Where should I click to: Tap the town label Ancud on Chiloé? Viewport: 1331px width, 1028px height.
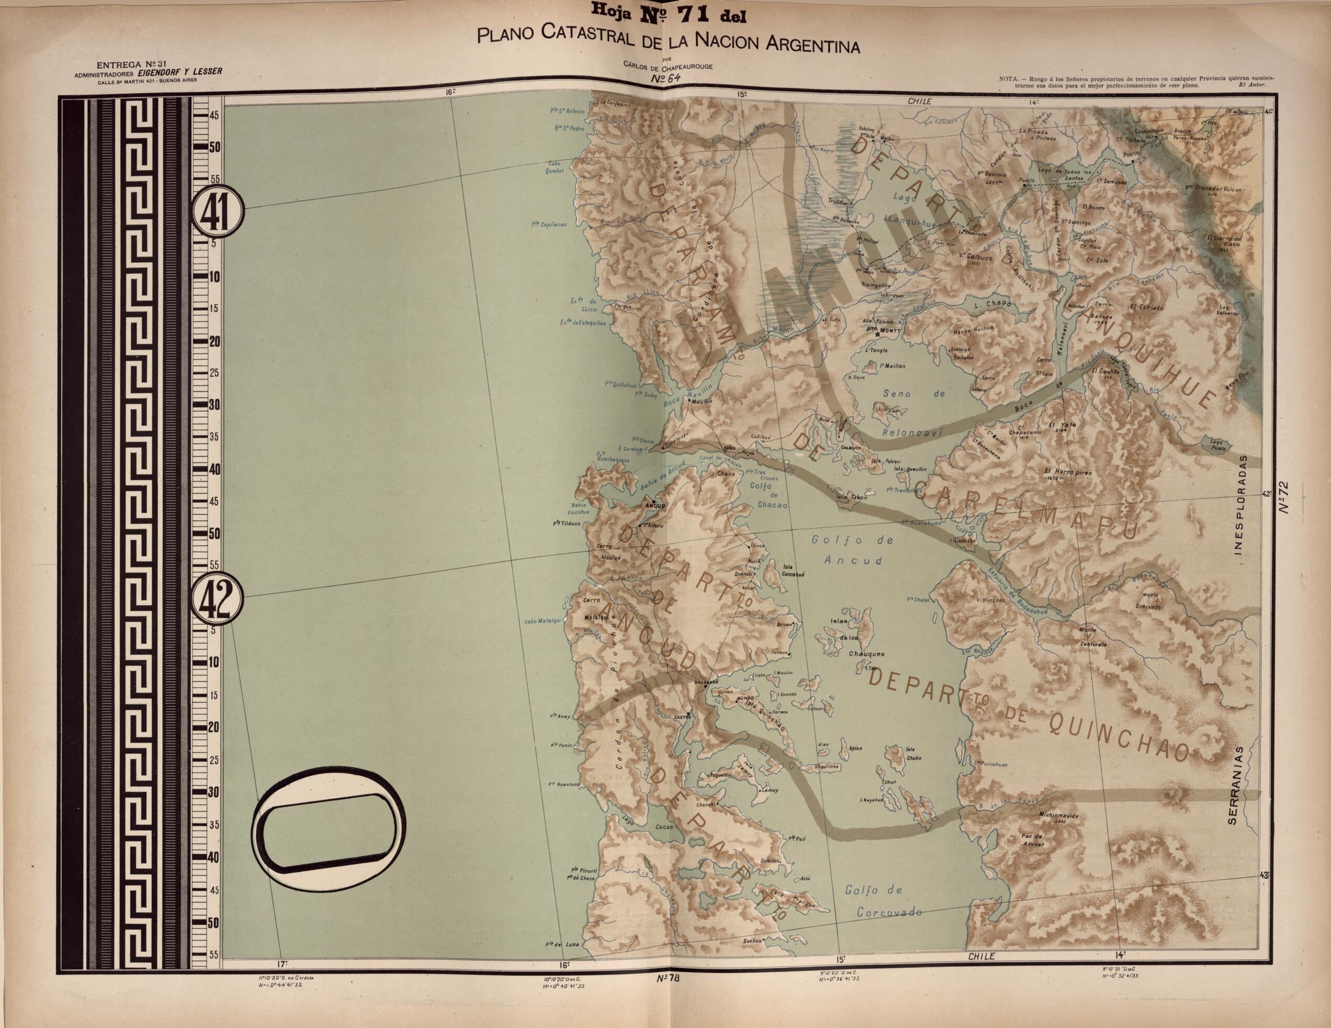pyautogui.click(x=655, y=506)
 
